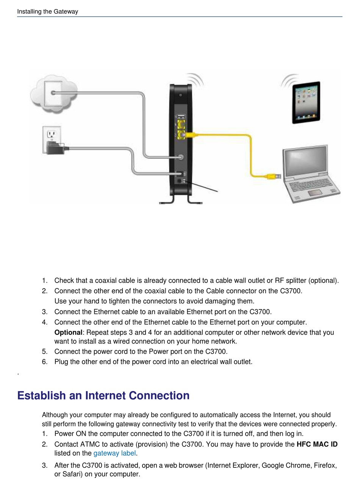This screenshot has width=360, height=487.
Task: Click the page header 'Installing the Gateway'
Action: (x=47, y=11)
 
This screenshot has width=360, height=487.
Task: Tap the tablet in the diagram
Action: (x=306, y=102)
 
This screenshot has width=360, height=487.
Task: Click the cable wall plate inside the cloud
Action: (x=53, y=93)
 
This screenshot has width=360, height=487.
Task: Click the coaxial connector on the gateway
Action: (x=181, y=157)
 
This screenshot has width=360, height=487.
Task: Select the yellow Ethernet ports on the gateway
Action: (x=181, y=129)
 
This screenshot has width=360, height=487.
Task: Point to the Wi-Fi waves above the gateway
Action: (x=196, y=80)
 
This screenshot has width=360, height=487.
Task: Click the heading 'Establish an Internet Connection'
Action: (x=103, y=395)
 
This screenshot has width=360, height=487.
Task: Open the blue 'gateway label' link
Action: (x=114, y=453)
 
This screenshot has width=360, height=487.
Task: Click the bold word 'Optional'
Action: (x=68, y=332)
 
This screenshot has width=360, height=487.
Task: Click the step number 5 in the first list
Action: (x=45, y=351)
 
